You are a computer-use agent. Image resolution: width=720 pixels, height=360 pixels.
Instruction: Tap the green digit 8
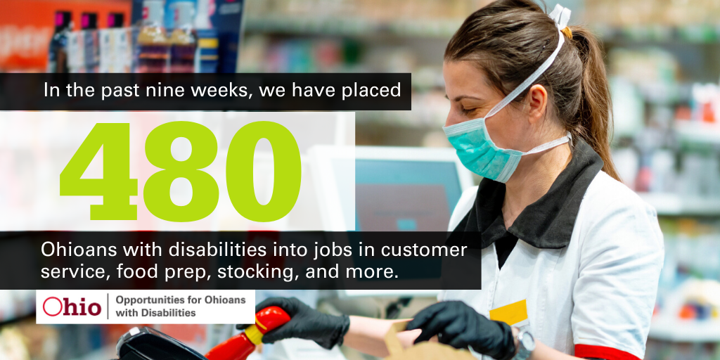point(181,171)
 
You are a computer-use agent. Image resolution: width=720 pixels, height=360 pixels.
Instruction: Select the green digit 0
point(263,171)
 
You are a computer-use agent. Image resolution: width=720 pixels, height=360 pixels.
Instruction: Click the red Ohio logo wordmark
point(72,307)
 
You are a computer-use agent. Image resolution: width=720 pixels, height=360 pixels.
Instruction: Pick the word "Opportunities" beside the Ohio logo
point(145,300)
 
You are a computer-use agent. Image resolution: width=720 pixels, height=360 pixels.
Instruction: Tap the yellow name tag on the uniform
point(508,313)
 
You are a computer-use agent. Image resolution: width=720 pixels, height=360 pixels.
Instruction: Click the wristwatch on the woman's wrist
point(523,343)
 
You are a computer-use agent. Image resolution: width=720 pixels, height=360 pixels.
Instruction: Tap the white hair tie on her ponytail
point(561,16)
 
